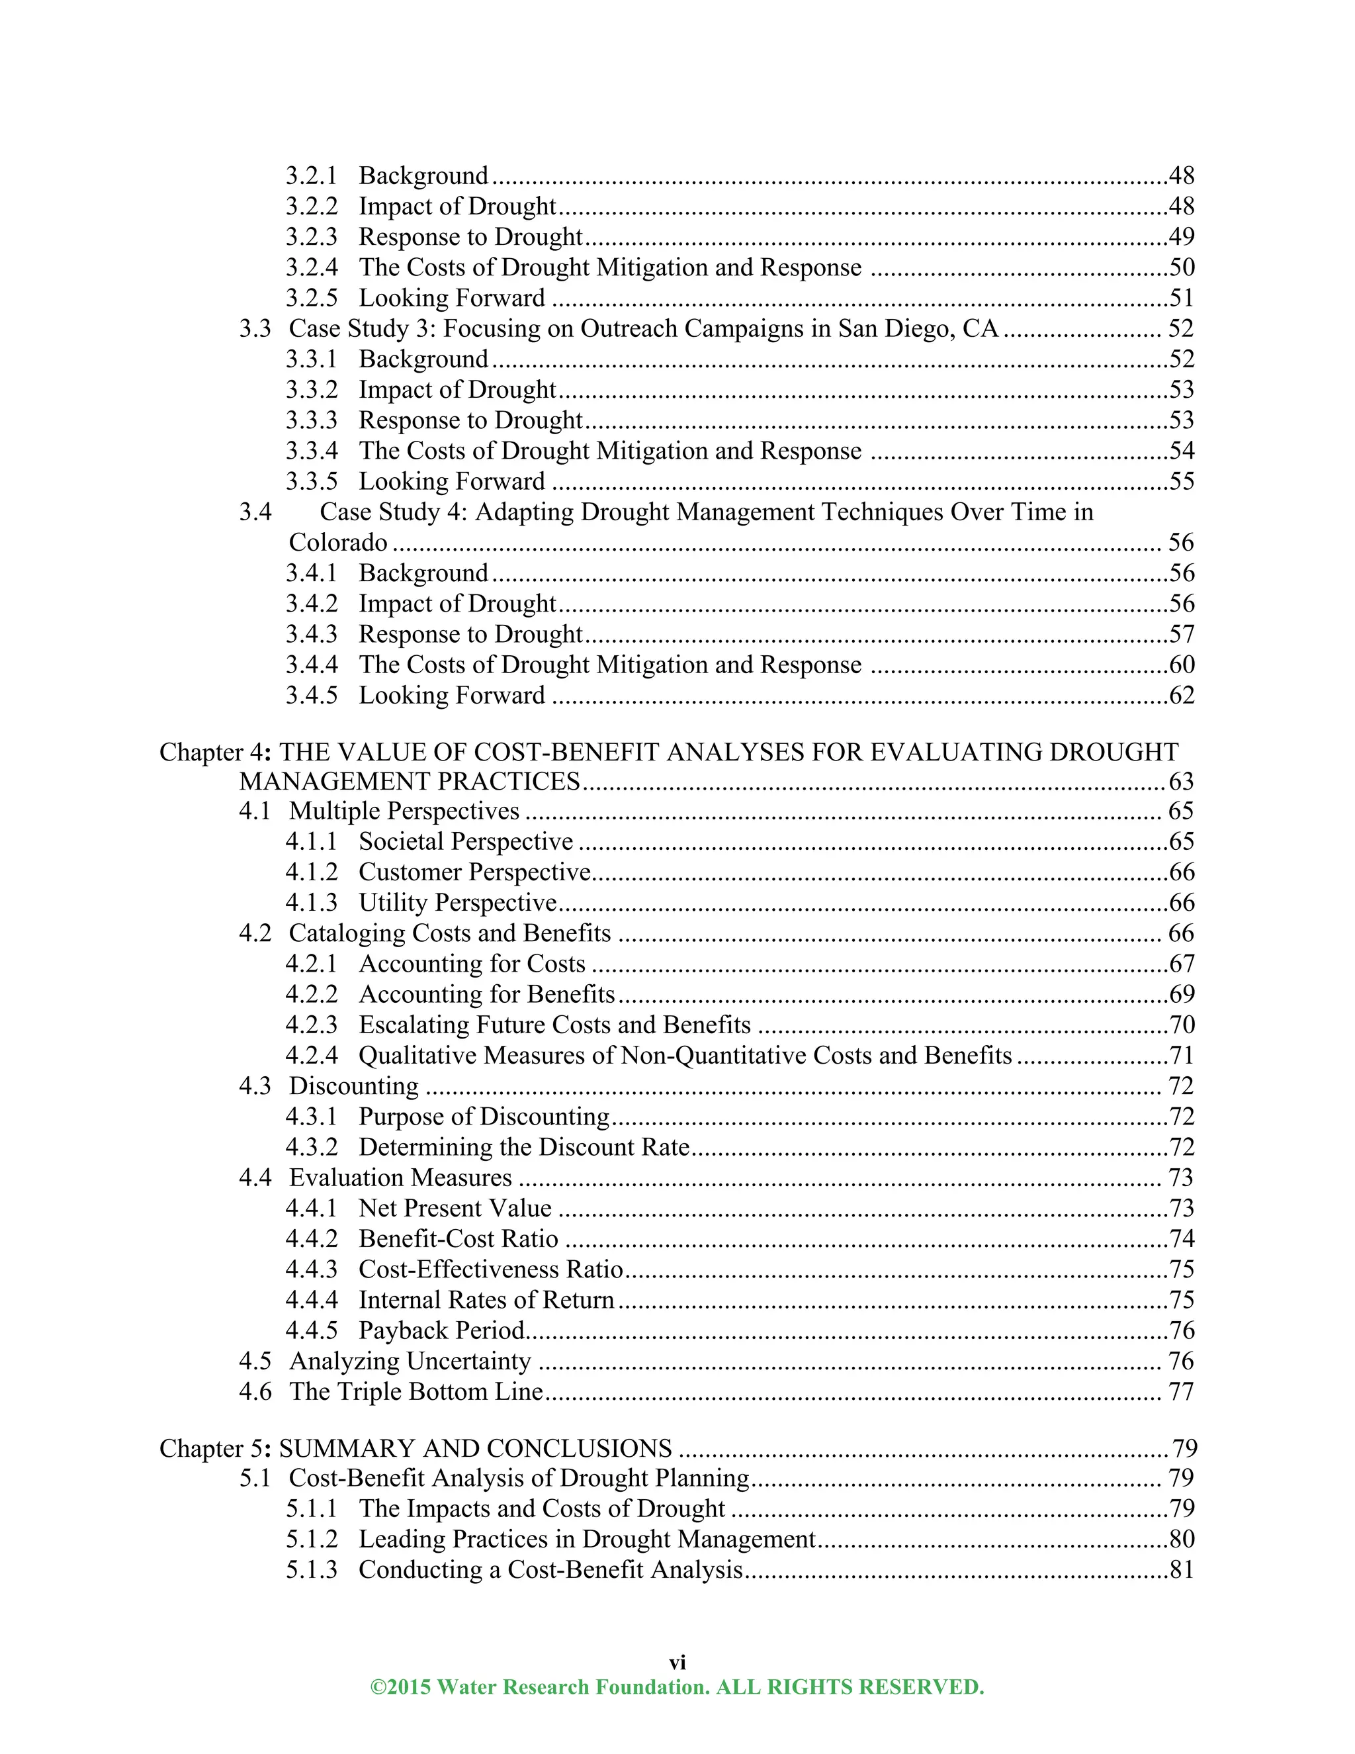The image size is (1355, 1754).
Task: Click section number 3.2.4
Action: (x=312, y=267)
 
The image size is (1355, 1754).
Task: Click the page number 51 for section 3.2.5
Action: (x=1182, y=298)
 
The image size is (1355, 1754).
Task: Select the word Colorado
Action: (x=338, y=543)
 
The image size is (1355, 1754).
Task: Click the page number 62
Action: (x=1182, y=696)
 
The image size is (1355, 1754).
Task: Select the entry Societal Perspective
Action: (x=466, y=842)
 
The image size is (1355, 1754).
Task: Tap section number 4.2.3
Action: (x=312, y=1025)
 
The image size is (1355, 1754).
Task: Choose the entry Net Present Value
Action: (x=455, y=1209)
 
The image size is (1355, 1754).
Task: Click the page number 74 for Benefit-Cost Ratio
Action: (x=1182, y=1239)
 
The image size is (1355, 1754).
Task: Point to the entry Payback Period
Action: (x=441, y=1331)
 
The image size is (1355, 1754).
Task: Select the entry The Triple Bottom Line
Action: (x=415, y=1392)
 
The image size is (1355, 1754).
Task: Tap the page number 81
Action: (x=1182, y=1570)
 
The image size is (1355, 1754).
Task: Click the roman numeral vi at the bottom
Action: (x=677, y=1663)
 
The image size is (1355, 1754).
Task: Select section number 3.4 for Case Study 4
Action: (x=255, y=512)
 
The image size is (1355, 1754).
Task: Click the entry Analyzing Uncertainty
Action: (x=410, y=1362)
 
